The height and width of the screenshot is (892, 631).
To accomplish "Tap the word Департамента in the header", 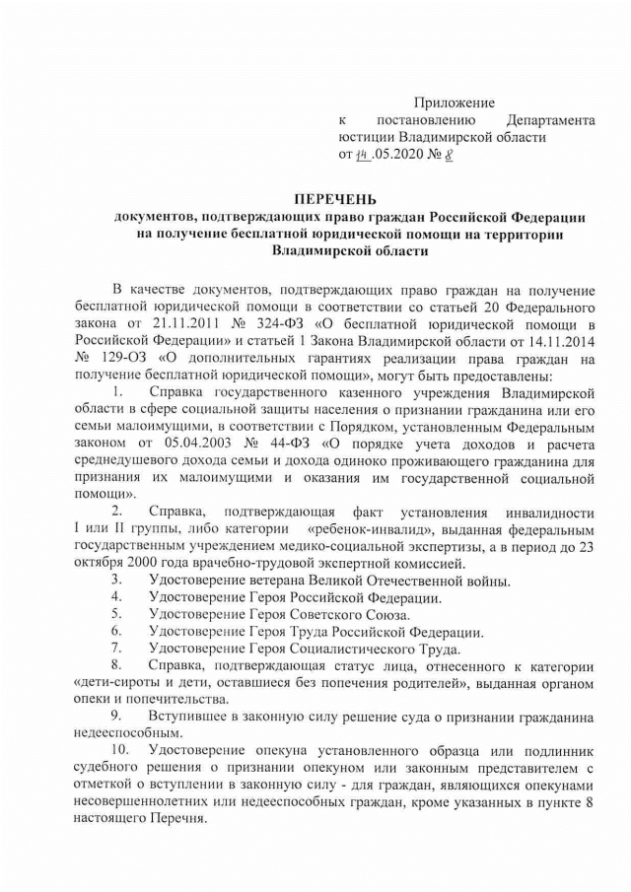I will pos(551,120).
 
